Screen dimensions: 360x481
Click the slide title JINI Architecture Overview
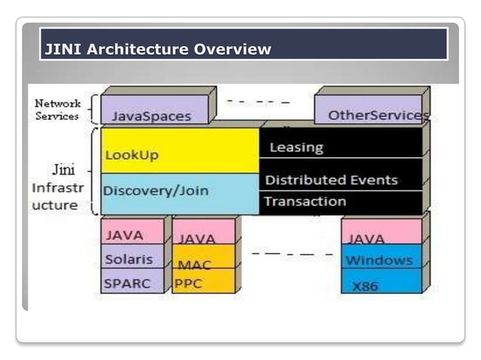(x=158, y=50)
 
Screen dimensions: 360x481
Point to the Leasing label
(x=296, y=148)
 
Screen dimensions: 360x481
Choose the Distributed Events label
(x=331, y=180)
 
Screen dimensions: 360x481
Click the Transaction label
(x=305, y=201)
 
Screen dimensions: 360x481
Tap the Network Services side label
(x=57, y=109)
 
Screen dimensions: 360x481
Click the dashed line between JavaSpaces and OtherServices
(x=258, y=100)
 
